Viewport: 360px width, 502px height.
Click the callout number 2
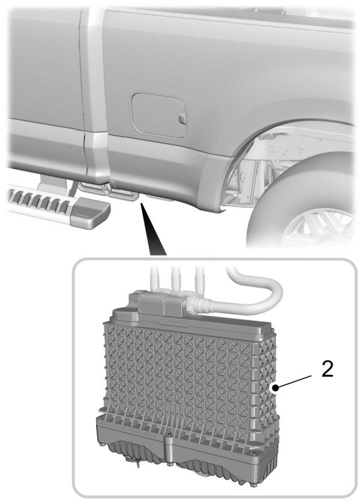click(328, 369)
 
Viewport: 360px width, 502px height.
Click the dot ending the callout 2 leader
click(275, 389)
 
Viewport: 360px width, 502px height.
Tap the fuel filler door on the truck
click(159, 113)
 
